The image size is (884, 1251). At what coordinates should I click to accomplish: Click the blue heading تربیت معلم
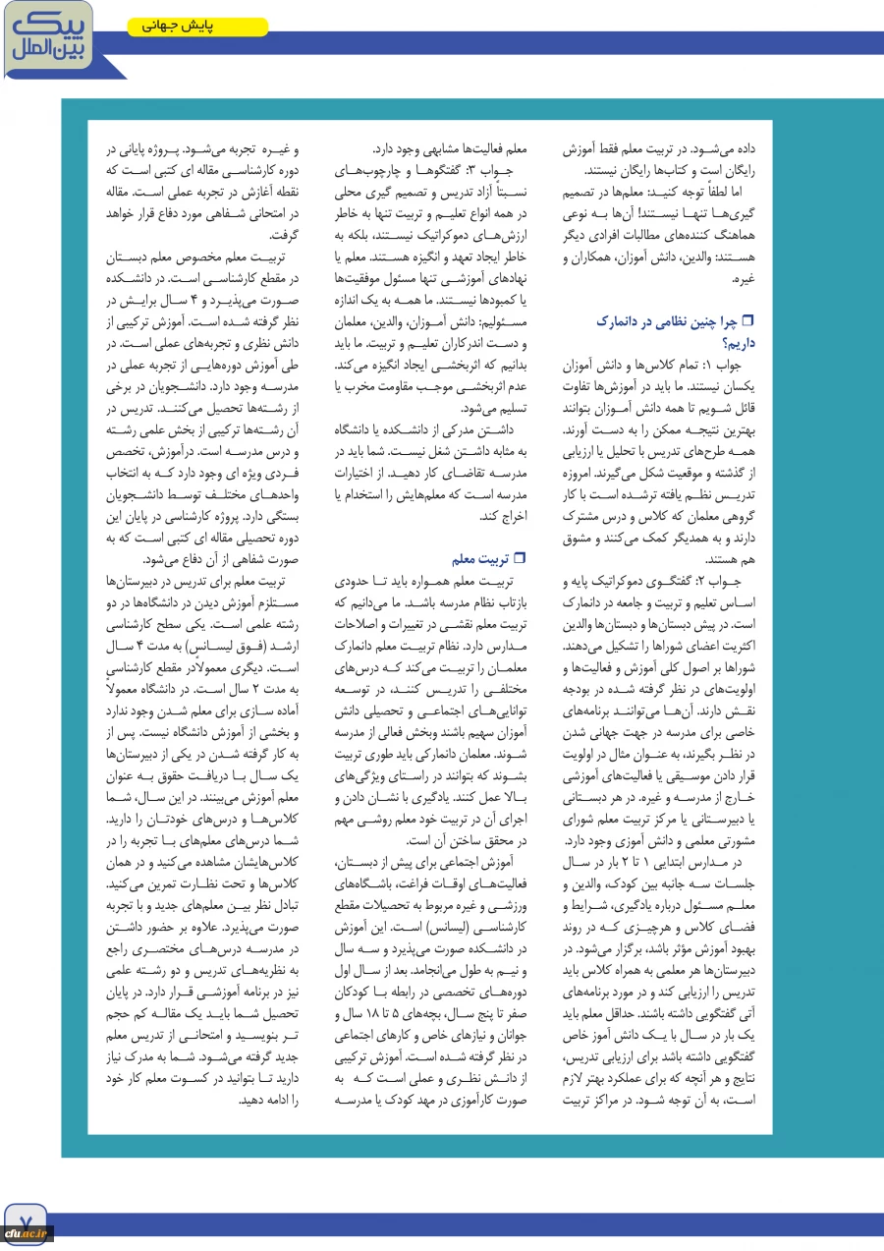480,559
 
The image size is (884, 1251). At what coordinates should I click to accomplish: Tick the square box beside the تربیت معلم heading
521,559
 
